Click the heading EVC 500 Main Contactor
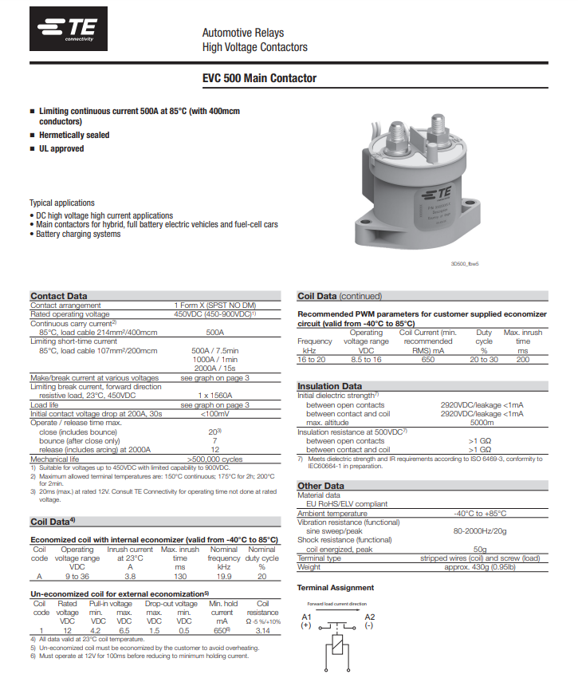pyautogui.click(x=259, y=78)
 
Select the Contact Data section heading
pyautogui.click(x=59, y=296)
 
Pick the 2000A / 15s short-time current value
pyautogui.click(x=214, y=369)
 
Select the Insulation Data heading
pyautogui.click(x=329, y=386)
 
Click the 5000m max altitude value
pyautogui.click(x=482, y=423)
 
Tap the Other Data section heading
pyautogui.click(x=320, y=486)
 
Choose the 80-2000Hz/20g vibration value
pyautogui.click(x=482, y=530)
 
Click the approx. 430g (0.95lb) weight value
pyautogui.click(x=480, y=567)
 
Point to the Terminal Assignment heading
pyautogui.click(x=335, y=588)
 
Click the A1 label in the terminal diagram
pyautogui.click(x=307, y=617)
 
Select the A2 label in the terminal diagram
pyautogui.click(x=369, y=617)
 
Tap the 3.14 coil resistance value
pyautogui.click(x=263, y=630)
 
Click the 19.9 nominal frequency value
pyautogui.click(x=223, y=575)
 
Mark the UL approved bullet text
pyautogui.click(x=61, y=149)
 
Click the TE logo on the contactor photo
pyautogui.click(x=437, y=194)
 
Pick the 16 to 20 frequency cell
pyautogui.click(x=311, y=360)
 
